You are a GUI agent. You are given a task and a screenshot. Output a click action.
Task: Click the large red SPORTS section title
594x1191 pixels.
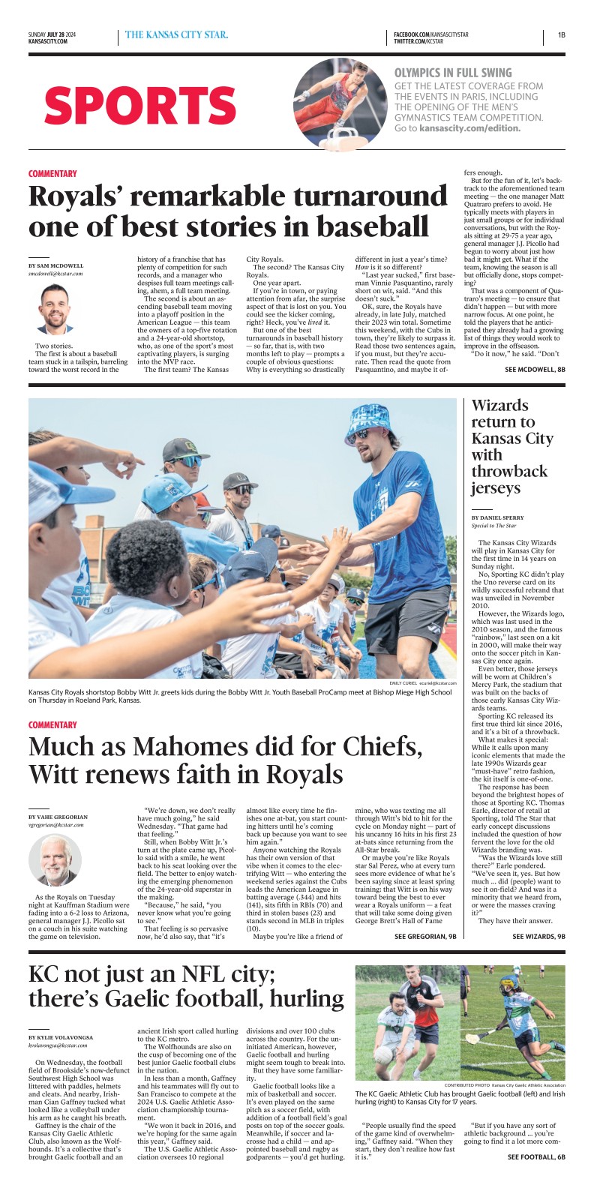pos(140,105)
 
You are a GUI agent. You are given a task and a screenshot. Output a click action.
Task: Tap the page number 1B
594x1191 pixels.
pos(561,34)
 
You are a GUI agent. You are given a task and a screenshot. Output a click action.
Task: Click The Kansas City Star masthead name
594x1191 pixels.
pos(177,34)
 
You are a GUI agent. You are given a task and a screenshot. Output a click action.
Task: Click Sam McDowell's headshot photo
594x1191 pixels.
pos(57,308)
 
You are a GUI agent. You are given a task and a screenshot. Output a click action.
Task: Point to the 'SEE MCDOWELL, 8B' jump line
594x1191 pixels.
pos(535,370)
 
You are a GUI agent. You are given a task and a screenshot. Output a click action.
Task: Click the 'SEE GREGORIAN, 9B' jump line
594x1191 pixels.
pos(425,937)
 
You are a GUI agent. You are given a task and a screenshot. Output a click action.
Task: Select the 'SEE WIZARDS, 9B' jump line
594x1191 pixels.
pos(538,937)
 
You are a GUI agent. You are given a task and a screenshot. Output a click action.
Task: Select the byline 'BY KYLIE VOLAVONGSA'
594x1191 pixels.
pos(62,1037)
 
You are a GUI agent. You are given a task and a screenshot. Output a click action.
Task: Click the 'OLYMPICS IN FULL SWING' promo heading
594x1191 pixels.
pos(453,73)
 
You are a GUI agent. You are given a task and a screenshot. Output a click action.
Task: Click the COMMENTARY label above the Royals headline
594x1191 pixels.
pos(52,174)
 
